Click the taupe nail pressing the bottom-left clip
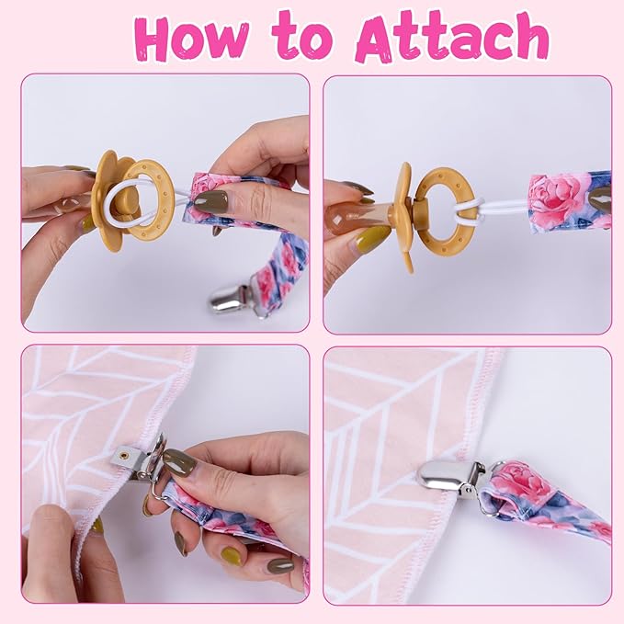(178, 460)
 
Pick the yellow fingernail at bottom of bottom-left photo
(232, 556)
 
